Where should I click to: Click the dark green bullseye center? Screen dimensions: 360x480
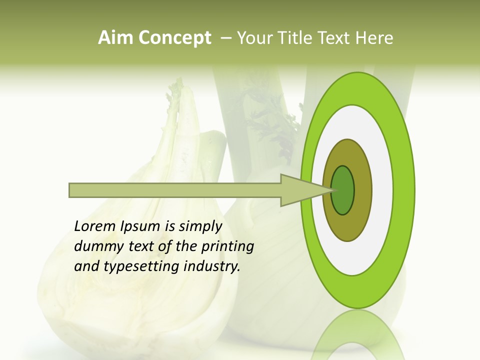tap(343, 190)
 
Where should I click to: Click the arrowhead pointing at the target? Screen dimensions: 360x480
tap(300, 190)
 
